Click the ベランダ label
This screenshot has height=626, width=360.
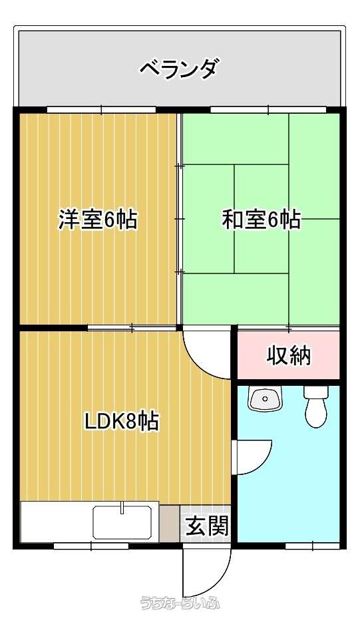point(180,69)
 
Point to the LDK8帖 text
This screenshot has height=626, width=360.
point(122,421)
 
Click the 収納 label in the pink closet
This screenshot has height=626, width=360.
point(289,355)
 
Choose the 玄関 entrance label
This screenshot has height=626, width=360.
point(207,526)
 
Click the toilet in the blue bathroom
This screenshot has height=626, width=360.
point(315,406)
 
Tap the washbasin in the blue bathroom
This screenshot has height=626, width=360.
point(265,398)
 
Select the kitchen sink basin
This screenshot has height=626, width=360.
point(122,524)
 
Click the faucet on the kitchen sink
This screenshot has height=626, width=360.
point(122,509)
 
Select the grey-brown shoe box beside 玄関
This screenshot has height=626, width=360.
point(170,524)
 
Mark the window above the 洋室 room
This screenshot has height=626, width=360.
point(101,109)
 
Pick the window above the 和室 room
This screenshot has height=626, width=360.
point(268,109)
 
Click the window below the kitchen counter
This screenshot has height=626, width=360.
point(92,546)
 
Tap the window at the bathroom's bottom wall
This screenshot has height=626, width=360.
point(312,546)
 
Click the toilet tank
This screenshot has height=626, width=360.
point(315,392)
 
